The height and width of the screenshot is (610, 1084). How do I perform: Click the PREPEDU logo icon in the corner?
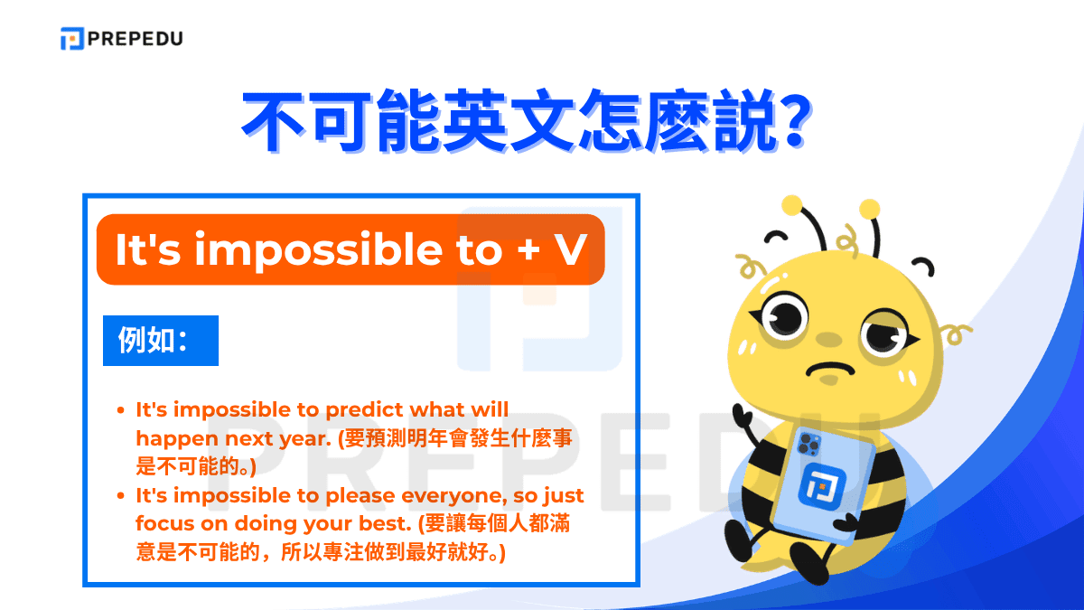coord(72,39)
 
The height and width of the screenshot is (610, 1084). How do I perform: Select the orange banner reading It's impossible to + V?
coord(350,249)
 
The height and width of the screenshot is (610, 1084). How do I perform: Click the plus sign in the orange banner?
coord(528,250)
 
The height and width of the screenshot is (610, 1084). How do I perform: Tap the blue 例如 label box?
coord(161,340)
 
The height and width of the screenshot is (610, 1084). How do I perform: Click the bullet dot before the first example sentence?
coord(122,410)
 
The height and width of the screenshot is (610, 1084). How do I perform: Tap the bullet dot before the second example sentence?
coord(122,495)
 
